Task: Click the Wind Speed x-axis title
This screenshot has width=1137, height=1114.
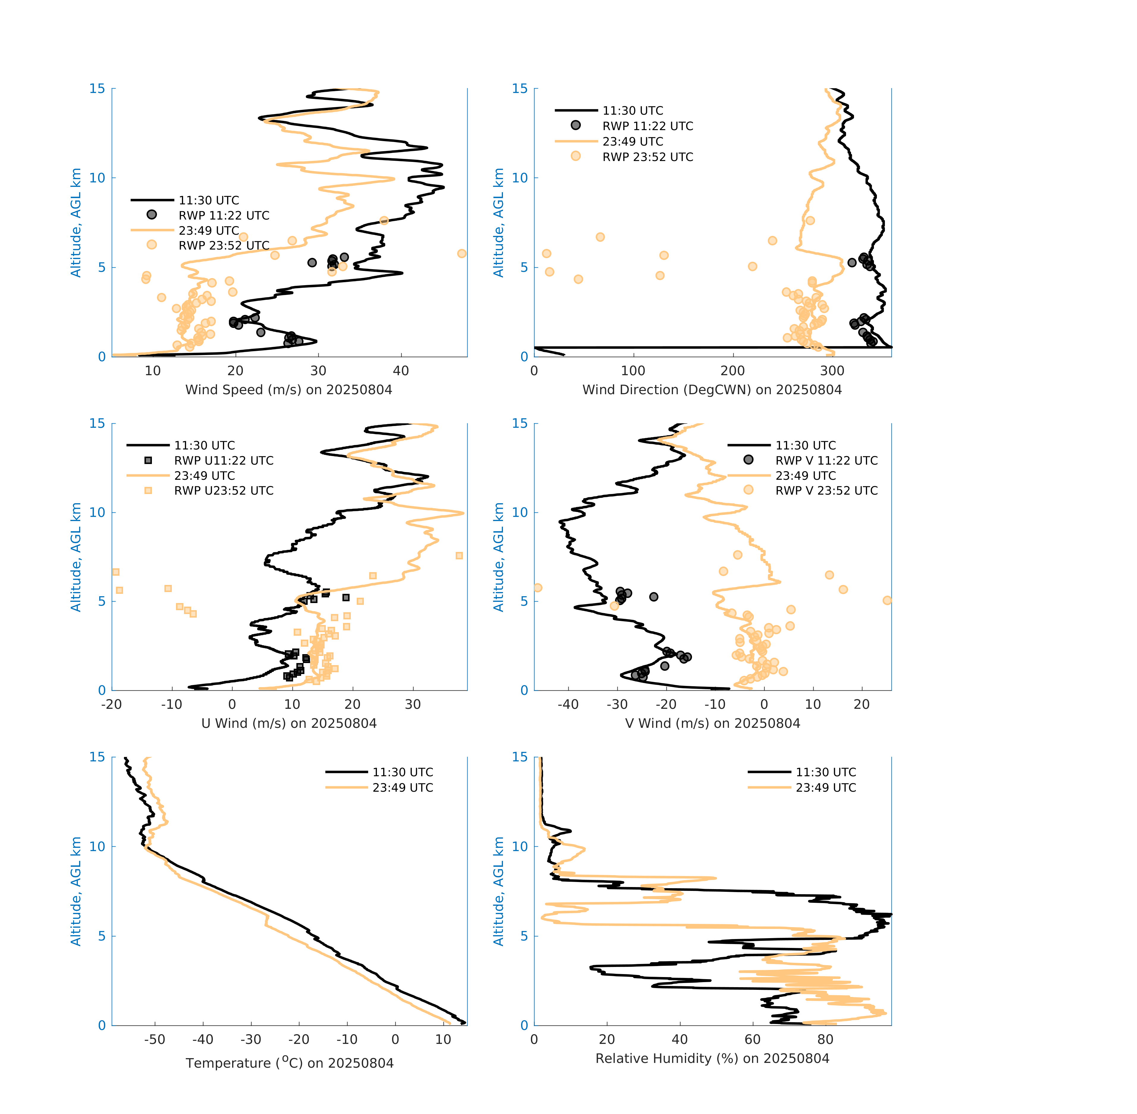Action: click(289, 390)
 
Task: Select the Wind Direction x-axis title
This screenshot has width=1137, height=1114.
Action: click(712, 390)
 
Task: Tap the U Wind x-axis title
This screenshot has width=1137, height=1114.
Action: click(289, 723)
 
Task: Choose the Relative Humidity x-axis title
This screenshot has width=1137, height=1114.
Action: click(712, 1058)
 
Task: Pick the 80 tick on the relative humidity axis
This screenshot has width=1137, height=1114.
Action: click(825, 1039)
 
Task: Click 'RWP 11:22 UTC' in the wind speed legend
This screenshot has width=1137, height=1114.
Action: click(224, 215)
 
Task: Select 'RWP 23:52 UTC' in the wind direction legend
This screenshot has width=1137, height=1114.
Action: click(647, 157)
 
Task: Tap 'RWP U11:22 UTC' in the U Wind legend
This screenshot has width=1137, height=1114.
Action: click(224, 460)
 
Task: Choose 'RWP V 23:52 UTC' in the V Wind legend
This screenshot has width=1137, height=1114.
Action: click(826, 490)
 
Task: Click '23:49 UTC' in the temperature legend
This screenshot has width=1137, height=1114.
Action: click(403, 788)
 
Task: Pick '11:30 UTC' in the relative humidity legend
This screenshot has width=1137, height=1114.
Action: click(825, 772)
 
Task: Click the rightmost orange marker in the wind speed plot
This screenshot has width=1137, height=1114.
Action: click(462, 253)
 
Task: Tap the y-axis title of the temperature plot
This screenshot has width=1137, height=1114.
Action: click(76, 891)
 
